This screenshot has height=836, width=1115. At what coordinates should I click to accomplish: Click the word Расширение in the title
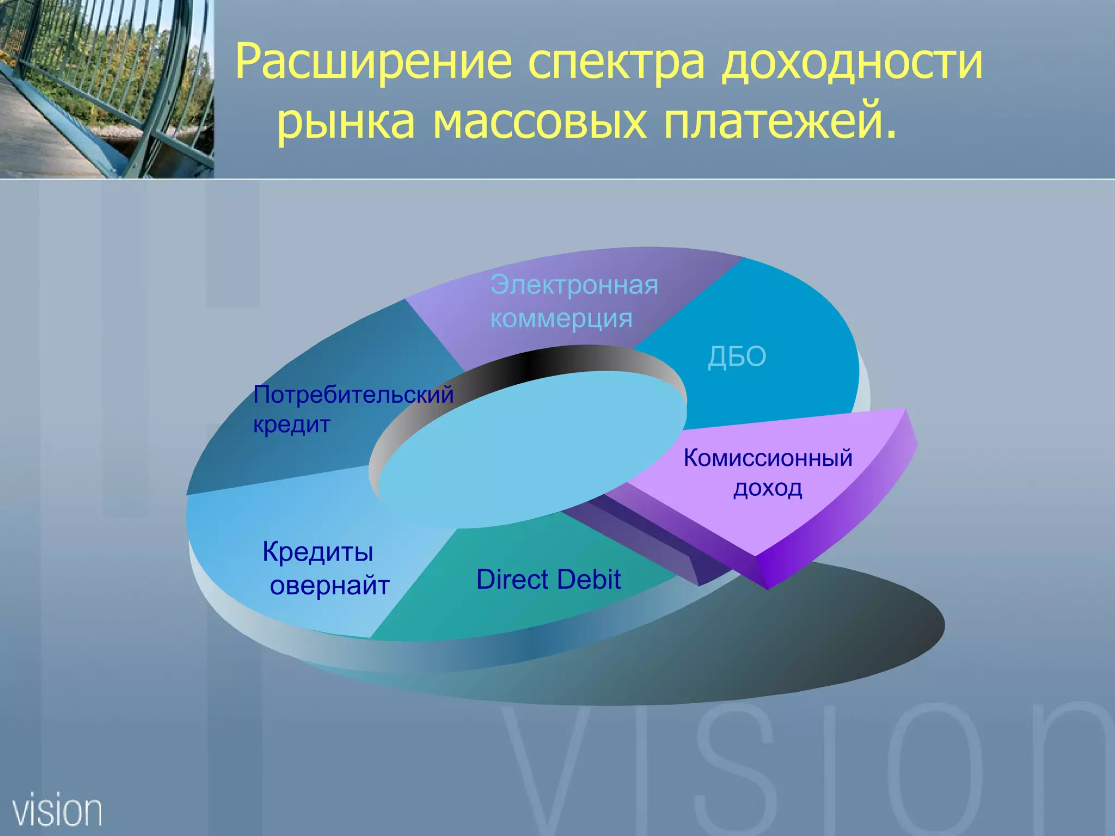pos(373,62)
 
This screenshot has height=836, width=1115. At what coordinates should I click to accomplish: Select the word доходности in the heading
pos(852,62)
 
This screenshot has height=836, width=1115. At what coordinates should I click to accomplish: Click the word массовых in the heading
pos(540,121)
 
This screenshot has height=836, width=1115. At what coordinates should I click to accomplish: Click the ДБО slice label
pos(737,357)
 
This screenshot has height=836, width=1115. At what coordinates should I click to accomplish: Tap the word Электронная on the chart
pos(574,285)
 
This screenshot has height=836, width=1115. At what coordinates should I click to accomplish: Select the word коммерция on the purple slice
pos(561,318)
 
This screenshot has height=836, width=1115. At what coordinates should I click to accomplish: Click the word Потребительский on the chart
pos(353,395)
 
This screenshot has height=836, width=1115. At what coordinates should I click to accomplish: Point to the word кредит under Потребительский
pos(291,425)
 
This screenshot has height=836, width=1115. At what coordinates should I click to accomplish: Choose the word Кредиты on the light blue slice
pos(318,552)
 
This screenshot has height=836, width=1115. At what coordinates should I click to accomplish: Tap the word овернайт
pos(330,586)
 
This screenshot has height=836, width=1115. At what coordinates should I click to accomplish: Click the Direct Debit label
pos(548,579)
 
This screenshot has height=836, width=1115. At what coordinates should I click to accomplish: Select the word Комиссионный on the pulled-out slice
pos(768,458)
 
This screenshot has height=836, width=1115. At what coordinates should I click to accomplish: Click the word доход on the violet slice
pos(768,488)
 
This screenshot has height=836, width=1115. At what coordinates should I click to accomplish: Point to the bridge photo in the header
pos(106,88)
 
